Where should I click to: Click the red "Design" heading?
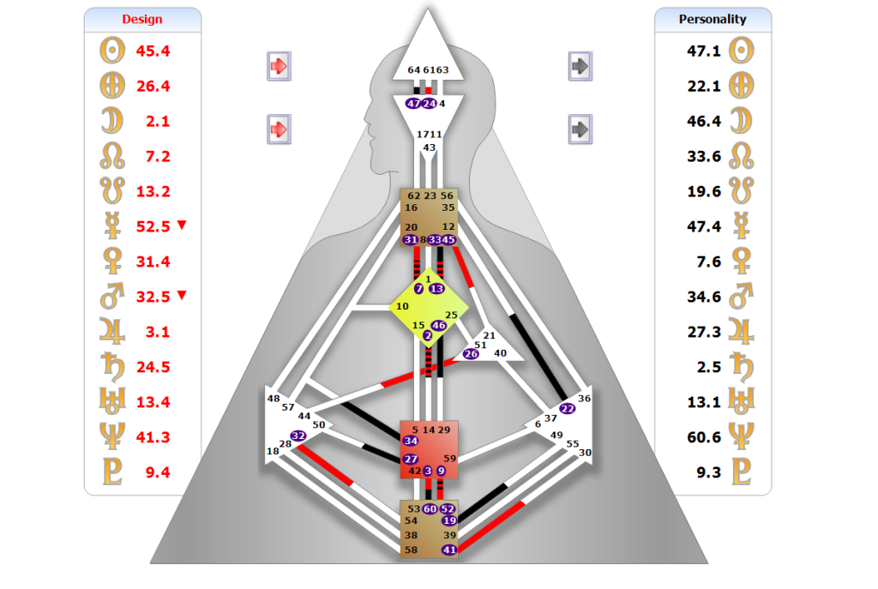142,20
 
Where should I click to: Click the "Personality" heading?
713,19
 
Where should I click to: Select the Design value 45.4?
153,51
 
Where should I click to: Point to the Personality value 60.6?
704,437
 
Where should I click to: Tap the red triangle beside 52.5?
182,225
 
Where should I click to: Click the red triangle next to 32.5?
182,296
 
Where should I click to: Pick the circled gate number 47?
414,104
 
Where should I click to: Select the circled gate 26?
471,353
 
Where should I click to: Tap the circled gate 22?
568,409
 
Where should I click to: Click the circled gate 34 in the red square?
411,441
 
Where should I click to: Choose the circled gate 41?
449,550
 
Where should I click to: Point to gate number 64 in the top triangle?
414,70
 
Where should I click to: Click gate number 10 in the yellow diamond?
403,306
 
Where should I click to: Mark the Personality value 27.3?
704,332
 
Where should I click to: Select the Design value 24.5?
153,367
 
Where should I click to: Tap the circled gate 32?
298,436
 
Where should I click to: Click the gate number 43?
430,147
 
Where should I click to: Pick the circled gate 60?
430,509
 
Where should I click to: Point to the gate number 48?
274,399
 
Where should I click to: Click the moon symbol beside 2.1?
112,121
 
